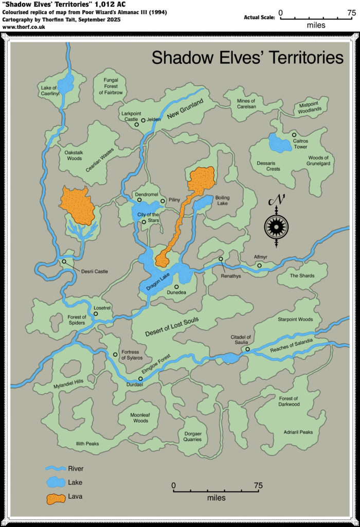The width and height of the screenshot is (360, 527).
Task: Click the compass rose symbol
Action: (276, 225)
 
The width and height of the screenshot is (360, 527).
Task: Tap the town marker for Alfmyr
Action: (260, 266)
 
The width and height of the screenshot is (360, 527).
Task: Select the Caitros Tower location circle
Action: (294, 134)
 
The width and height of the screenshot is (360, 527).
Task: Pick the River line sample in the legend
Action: (55, 469)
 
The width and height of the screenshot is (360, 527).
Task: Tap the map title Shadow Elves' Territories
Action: (247, 58)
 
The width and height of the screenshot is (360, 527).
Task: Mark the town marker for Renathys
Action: (221, 259)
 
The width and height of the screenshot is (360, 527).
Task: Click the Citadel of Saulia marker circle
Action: (247, 349)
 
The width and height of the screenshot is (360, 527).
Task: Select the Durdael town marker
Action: (140, 378)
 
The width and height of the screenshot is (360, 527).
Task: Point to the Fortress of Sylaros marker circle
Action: (115, 354)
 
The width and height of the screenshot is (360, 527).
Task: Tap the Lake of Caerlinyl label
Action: (51, 91)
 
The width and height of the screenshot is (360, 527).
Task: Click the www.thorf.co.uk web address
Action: (24, 26)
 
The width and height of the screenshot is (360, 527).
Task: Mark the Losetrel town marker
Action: (96, 314)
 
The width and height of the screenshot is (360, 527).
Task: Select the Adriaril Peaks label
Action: (298, 432)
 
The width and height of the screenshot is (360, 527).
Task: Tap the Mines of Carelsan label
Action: (246, 104)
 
